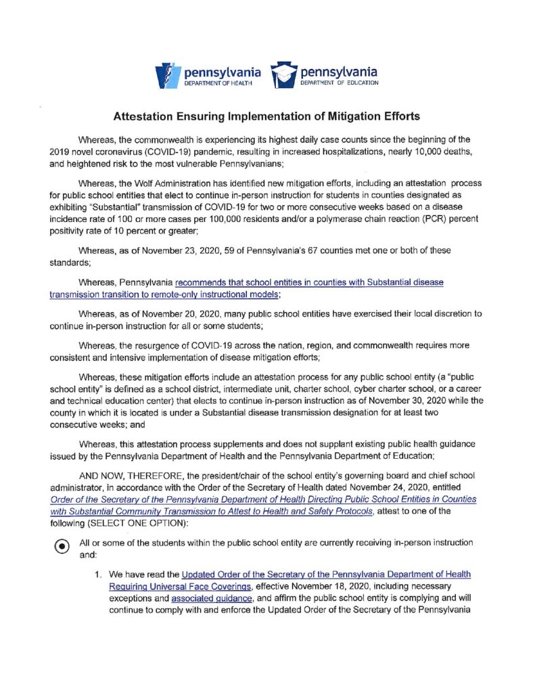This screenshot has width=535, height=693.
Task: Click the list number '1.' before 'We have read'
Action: pos(99,575)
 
